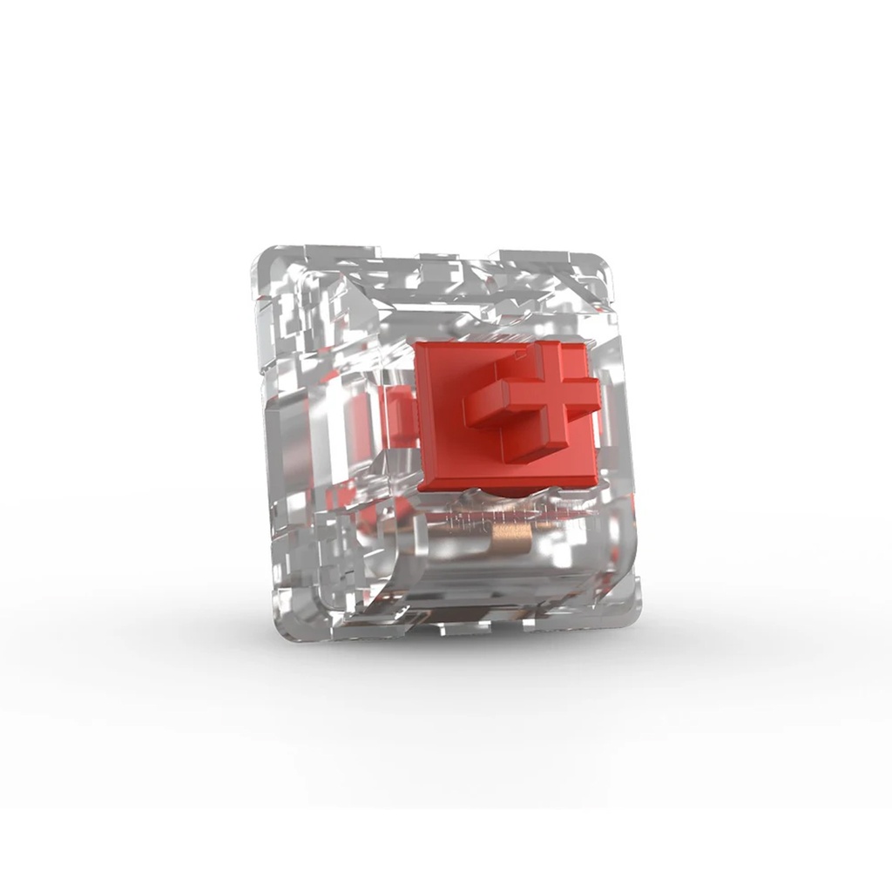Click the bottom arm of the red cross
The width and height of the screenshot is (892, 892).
(532, 443)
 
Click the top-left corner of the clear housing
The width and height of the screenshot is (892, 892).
(261, 255)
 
